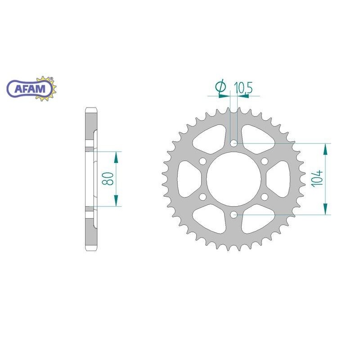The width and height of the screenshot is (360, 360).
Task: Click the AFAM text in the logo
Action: [x=30, y=89]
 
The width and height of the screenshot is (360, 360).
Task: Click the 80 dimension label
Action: [x=108, y=179]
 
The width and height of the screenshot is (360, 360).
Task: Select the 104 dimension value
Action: [x=317, y=179]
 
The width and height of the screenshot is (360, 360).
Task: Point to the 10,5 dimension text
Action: [x=243, y=88]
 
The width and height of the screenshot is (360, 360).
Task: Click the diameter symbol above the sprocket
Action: [x=220, y=86]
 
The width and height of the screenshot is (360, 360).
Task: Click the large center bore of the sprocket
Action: [x=234, y=179]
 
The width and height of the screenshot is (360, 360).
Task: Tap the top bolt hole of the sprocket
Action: [x=234, y=143]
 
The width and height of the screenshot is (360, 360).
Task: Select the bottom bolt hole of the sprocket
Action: [x=234, y=215]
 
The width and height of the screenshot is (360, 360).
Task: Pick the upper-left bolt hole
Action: [x=203, y=161]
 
